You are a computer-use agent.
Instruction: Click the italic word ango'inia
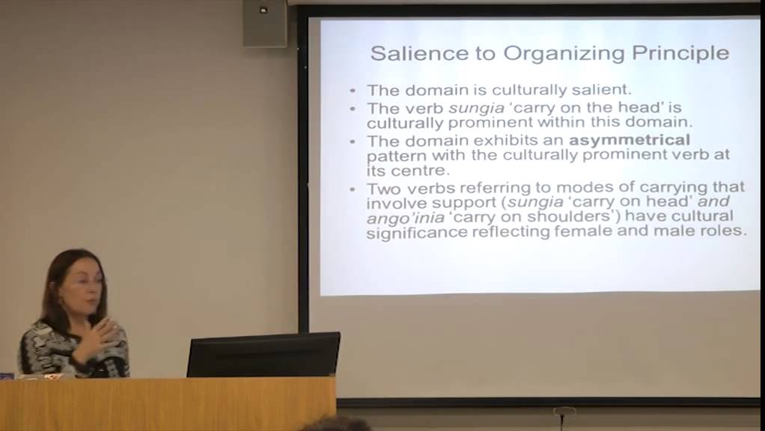397,218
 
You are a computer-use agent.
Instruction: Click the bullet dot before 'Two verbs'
353,188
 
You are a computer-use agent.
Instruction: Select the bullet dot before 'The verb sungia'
353,109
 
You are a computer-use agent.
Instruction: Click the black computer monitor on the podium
263,355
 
